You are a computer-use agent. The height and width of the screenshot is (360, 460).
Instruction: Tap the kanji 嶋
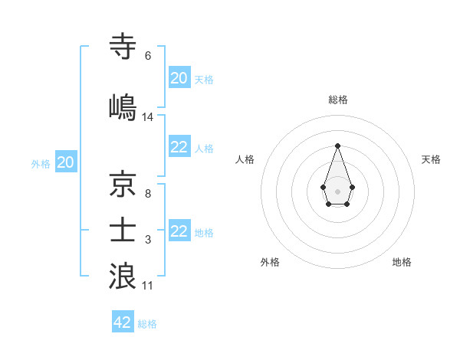pos(123,107)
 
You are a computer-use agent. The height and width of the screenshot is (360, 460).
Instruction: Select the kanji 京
pos(123,185)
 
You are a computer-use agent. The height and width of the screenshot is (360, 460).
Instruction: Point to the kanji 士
pos(123,231)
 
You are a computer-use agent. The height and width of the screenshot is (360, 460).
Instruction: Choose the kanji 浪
pos(123,276)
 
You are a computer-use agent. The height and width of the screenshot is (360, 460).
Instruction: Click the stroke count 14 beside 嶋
pos(148,117)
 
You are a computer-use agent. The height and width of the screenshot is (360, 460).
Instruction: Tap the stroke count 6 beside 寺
pos(148,55)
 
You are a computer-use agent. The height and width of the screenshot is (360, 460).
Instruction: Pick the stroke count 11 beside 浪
pos(148,286)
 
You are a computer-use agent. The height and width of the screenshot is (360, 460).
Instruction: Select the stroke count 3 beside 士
pos(148,241)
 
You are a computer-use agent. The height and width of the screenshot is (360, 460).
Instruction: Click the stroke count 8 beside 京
pos(148,195)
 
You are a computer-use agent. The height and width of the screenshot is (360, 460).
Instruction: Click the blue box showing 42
pos(123,322)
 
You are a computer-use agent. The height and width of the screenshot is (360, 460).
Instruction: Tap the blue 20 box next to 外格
pos(65,162)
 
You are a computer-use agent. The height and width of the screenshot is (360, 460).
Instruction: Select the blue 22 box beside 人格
pos(179,147)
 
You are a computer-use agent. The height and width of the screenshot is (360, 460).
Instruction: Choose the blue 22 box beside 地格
pos(179,231)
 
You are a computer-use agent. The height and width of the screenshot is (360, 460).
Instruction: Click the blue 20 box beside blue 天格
pos(179,78)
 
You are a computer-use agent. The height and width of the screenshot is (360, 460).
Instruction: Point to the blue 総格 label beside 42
pos(147,324)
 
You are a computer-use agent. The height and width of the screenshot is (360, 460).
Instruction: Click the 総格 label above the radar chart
pos(337,100)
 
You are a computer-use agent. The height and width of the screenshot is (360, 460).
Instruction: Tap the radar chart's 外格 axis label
pos(270,262)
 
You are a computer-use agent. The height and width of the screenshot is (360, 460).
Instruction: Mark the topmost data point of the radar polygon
pos(337,146)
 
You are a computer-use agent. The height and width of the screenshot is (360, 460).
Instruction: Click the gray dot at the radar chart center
pos(337,191)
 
